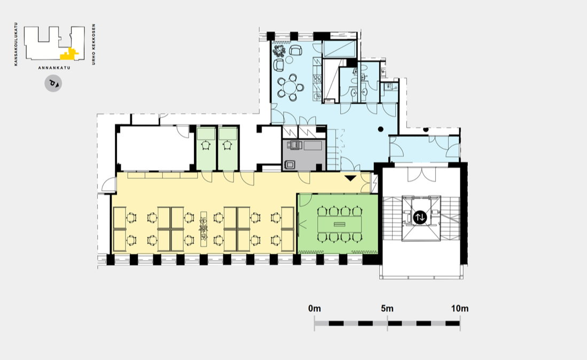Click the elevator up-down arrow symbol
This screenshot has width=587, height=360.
point(420,217)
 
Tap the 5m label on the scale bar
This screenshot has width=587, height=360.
point(387,309)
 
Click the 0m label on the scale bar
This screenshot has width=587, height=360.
point(315,309)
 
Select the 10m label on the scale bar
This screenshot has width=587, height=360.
point(460,309)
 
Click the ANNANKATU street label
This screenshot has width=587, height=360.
point(54,68)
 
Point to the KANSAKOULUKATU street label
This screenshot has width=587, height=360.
point(15,44)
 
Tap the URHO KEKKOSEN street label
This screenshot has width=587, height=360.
point(93,44)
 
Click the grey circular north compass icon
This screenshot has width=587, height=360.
point(53,83)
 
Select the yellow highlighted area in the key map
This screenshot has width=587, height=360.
point(69,54)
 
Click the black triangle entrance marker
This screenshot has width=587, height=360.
point(350,178)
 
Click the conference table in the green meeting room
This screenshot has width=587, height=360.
point(340,224)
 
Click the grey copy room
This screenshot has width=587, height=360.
point(303,155)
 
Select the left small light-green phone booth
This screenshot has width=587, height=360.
point(206,148)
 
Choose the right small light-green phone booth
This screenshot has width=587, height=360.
point(228,148)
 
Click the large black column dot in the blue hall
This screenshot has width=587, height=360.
point(380,129)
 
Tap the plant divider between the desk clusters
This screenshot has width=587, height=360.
point(204,229)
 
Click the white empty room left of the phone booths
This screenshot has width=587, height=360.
point(155,148)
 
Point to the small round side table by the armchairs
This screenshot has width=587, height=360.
point(289,59)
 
